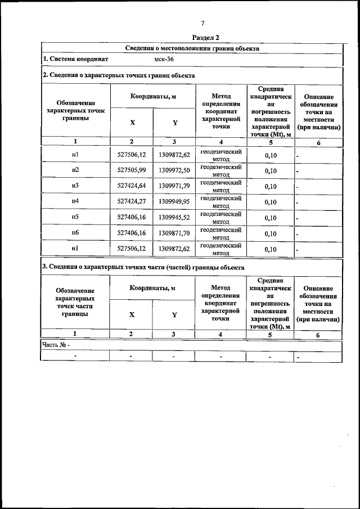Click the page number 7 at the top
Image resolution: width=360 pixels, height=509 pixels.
[202, 23]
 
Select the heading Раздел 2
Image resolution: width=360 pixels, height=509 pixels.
[205, 38]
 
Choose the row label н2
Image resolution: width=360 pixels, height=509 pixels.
[75, 170]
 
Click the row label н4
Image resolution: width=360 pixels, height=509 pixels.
[75, 202]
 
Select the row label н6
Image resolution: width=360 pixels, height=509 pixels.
[75, 233]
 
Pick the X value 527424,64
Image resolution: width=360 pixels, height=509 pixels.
[132, 186]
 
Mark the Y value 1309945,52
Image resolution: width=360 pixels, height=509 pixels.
[174, 218]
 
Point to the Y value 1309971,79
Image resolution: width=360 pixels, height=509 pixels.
[174, 186]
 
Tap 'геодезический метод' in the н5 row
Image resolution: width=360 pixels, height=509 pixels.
[221, 218]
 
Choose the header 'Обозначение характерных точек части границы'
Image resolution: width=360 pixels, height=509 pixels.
[75, 303]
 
